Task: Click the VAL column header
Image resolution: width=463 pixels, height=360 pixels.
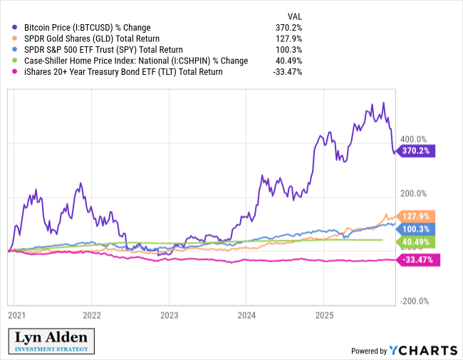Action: point(294,15)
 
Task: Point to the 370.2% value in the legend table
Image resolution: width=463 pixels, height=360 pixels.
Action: point(290,26)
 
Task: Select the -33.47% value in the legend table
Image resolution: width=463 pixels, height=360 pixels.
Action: point(288,72)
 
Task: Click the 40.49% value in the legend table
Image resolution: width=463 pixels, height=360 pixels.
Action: point(288,61)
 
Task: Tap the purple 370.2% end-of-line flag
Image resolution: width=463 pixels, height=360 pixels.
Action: point(417,151)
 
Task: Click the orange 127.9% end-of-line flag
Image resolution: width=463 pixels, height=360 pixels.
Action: point(417,216)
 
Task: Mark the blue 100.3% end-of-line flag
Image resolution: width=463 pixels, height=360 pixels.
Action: point(417,229)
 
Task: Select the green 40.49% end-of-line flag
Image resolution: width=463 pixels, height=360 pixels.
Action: point(417,242)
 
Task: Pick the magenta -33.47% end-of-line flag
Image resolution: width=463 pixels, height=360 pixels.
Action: point(417,259)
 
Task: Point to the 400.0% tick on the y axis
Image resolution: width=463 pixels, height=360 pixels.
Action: point(412,140)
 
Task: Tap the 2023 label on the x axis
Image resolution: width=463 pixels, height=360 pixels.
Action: point(169,314)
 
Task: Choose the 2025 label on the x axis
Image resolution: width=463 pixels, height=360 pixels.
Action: point(324,314)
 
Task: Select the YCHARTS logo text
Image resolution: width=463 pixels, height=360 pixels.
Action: point(422,350)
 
